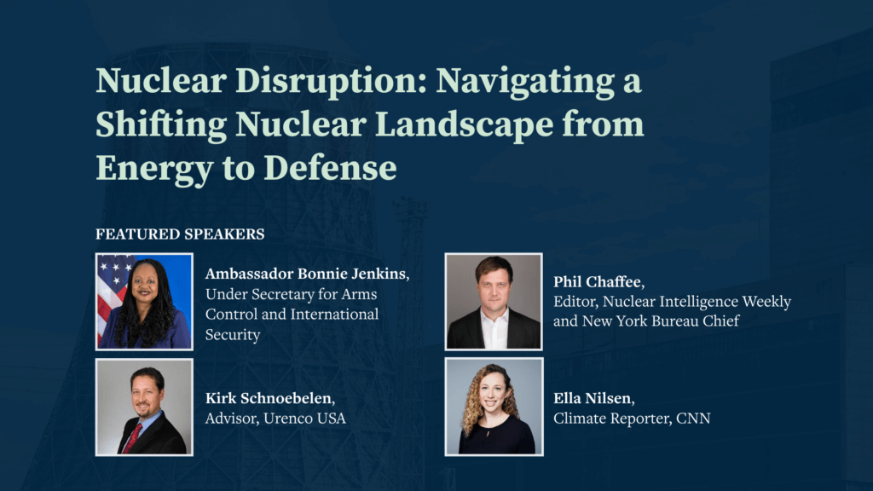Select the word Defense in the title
[330, 168]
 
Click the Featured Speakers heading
[180, 234]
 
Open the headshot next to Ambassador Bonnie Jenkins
[144, 302]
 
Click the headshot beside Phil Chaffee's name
[494, 302]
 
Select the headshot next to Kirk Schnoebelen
[144, 407]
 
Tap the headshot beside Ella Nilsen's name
[494, 407]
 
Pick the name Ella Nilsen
[594, 399]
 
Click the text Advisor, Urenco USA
[275, 419]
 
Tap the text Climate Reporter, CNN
[632, 419]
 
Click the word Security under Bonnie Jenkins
[233, 335]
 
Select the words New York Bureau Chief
[661, 321]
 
